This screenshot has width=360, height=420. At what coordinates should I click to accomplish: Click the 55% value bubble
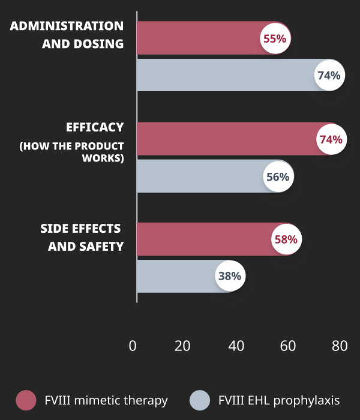[275, 38]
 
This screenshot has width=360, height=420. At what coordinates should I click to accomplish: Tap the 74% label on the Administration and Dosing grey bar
[329, 76]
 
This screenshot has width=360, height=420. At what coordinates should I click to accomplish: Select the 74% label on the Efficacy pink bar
[331, 139]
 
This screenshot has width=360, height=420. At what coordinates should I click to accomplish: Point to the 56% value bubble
[277, 177]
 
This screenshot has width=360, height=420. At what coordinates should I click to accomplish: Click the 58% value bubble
[286, 239]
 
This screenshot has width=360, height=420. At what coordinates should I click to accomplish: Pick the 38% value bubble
[229, 277]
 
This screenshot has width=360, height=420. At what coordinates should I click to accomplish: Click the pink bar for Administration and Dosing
[198, 38]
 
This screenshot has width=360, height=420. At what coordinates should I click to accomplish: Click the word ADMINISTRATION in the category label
[67, 26]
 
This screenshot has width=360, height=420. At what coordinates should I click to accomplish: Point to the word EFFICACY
[95, 127]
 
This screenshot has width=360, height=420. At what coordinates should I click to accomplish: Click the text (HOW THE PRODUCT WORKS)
[72, 152]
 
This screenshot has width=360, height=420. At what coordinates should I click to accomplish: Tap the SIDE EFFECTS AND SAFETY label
[82, 238]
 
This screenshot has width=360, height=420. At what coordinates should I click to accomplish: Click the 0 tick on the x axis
[133, 346]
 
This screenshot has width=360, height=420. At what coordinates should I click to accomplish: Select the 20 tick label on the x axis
[182, 346]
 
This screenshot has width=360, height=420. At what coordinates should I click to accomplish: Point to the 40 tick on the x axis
[236, 346]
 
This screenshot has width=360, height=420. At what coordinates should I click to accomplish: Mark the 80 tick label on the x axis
[340, 346]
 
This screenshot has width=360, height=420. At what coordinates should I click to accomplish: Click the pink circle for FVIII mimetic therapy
[26, 400]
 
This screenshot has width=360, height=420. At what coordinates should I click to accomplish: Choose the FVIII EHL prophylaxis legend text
[279, 400]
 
